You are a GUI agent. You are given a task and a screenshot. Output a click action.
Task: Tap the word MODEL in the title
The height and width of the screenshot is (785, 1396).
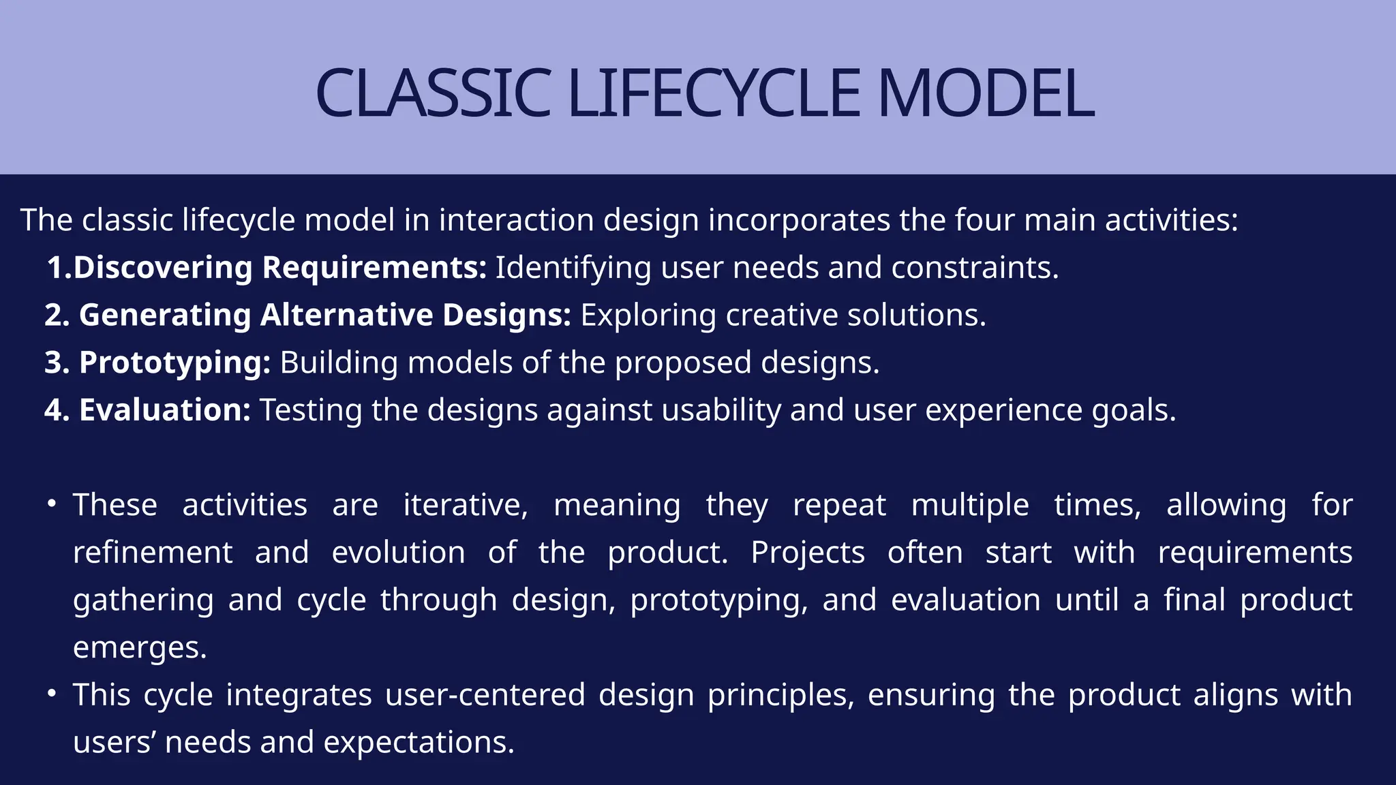tap(986, 93)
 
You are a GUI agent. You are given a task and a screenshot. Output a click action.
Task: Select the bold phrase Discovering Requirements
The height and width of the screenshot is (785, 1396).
tap(279, 267)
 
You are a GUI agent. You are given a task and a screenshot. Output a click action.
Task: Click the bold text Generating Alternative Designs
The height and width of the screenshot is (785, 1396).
tap(324, 315)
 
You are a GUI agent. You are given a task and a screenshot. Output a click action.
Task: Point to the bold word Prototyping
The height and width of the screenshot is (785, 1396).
tap(174, 363)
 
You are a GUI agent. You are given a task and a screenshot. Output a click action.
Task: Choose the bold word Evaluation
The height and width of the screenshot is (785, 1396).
tap(165, 410)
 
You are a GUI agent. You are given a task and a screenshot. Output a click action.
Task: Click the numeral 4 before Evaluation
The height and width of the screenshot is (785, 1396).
tap(53, 410)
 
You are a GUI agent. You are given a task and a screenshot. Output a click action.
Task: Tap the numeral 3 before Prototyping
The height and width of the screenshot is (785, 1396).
tap(53, 363)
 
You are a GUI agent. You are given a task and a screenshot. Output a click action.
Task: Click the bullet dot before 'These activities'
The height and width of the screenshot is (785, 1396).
tap(51, 504)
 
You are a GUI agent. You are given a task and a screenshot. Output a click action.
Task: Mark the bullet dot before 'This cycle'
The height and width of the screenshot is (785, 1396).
tap(51, 694)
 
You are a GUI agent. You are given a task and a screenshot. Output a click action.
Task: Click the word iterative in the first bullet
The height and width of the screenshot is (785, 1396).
tap(465, 506)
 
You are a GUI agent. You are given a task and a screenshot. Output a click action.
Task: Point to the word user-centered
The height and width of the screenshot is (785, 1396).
tap(485, 695)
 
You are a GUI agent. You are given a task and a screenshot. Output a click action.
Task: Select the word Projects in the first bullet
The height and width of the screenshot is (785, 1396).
tap(807, 553)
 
